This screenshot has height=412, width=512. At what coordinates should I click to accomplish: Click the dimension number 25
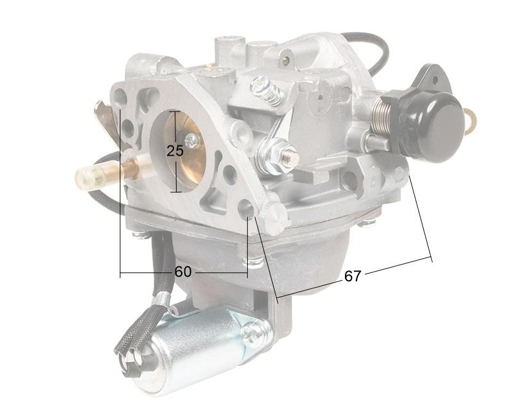coord(175,151)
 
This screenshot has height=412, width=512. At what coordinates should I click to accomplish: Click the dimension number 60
coord(183,272)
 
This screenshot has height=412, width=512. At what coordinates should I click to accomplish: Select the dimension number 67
coord(353,276)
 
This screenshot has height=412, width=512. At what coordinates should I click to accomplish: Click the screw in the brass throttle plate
coord(191,141)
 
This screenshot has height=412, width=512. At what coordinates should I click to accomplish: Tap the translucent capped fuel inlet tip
coord(89,177)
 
